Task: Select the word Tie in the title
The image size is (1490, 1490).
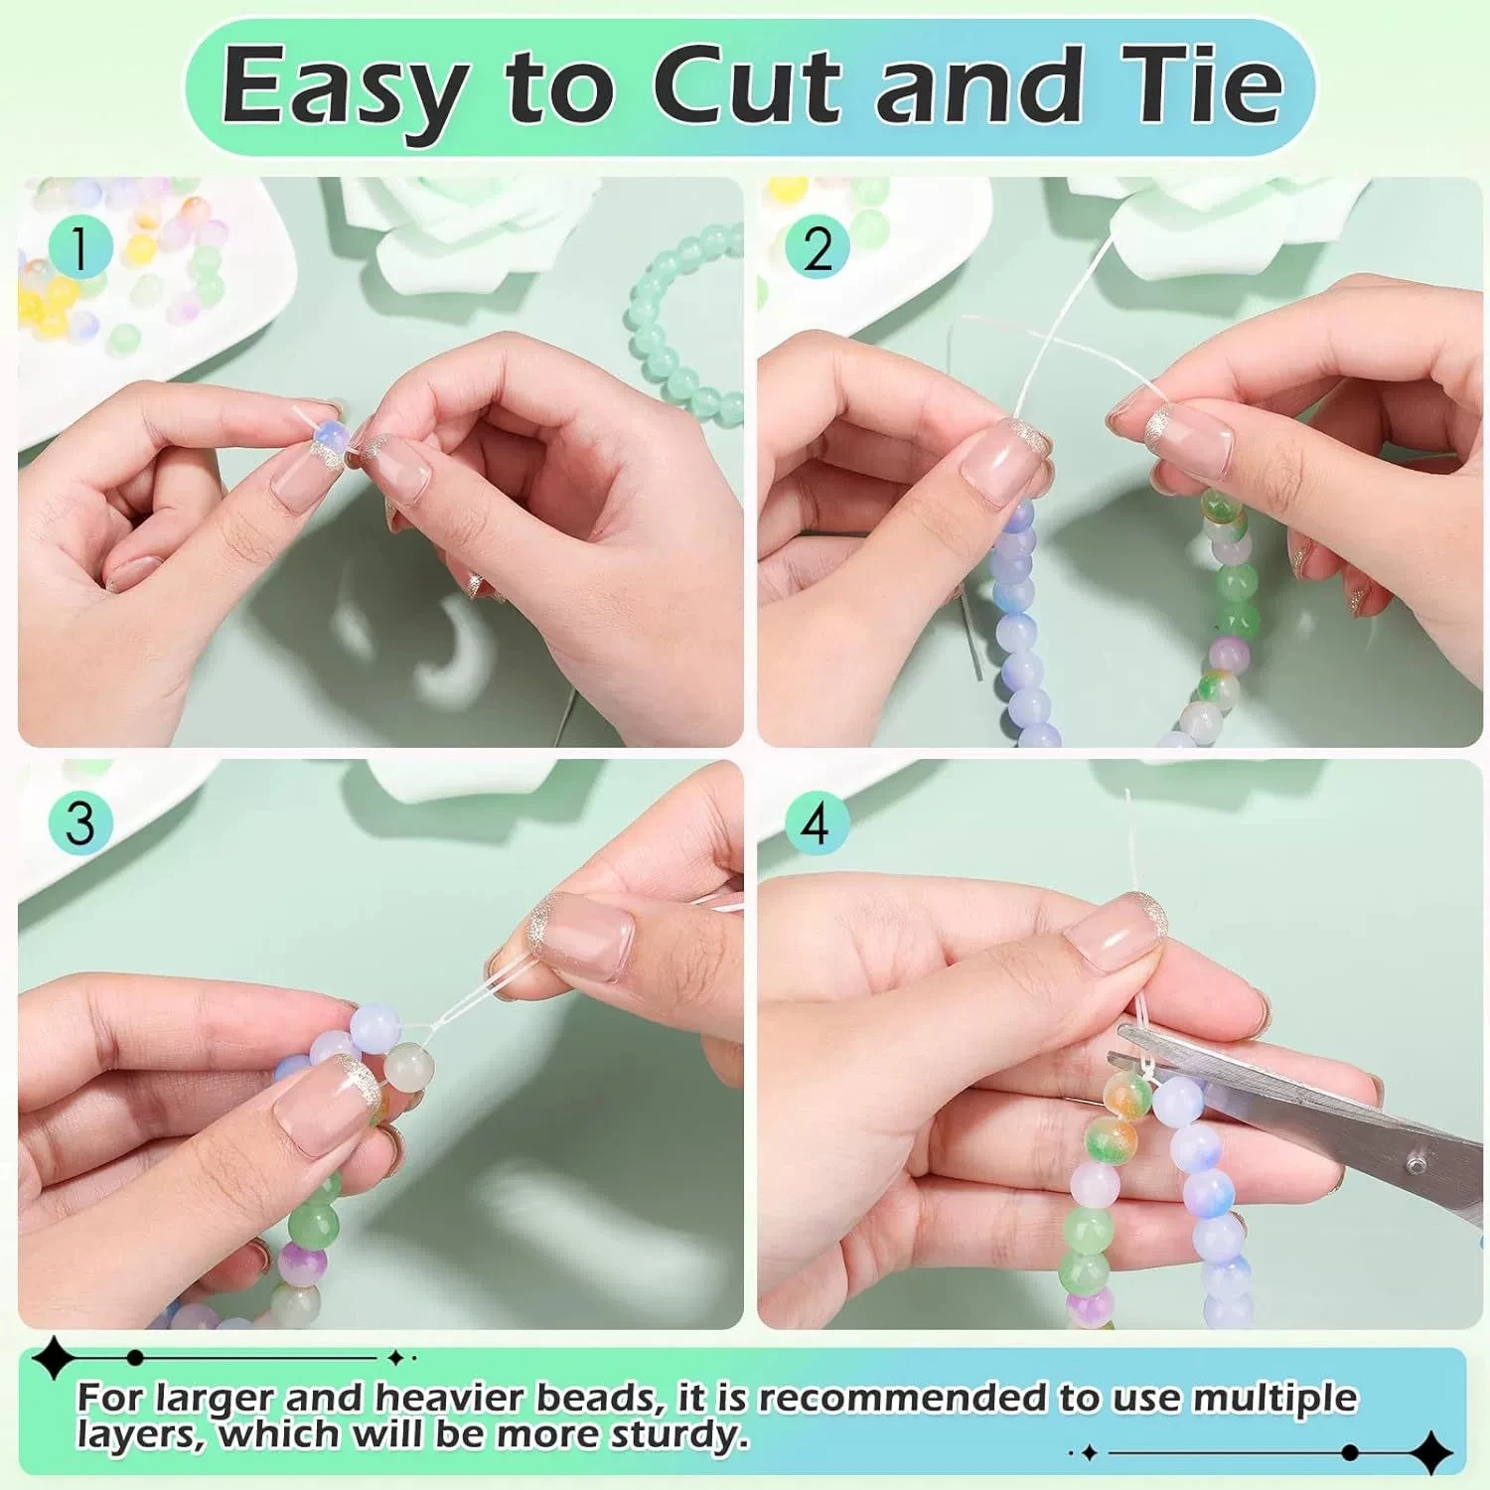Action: click(x=1201, y=87)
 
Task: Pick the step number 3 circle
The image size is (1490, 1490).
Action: click(x=80, y=823)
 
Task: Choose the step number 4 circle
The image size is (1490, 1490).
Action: click(x=817, y=823)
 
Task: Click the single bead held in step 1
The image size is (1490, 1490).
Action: click(x=329, y=437)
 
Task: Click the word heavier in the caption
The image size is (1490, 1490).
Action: click(x=453, y=1398)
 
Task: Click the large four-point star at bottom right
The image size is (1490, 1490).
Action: click(x=1430, y=1452)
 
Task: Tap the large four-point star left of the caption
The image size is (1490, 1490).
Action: click(x=52, y=1358)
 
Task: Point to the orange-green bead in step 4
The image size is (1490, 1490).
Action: click(x=1128, y=1093)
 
